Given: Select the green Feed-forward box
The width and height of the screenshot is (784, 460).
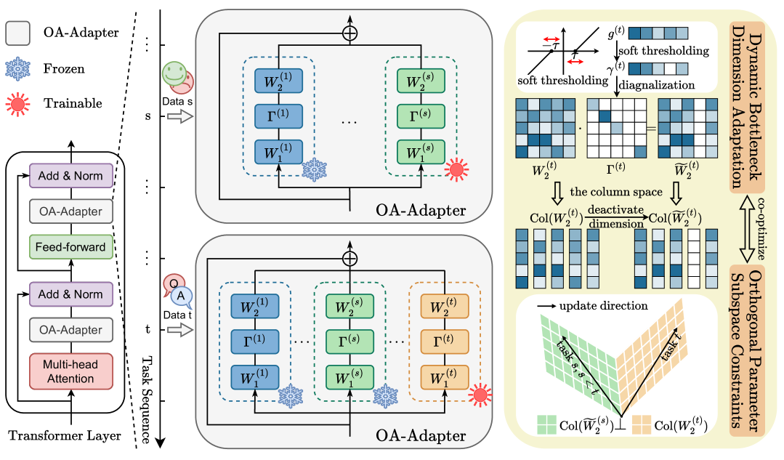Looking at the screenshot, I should click(71, 246).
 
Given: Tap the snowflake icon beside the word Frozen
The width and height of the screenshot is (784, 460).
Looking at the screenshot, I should click(17, 69).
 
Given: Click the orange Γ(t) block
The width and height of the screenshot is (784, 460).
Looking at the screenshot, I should click(445, 341).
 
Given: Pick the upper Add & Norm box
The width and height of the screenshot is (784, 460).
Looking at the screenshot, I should click(71, 175).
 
